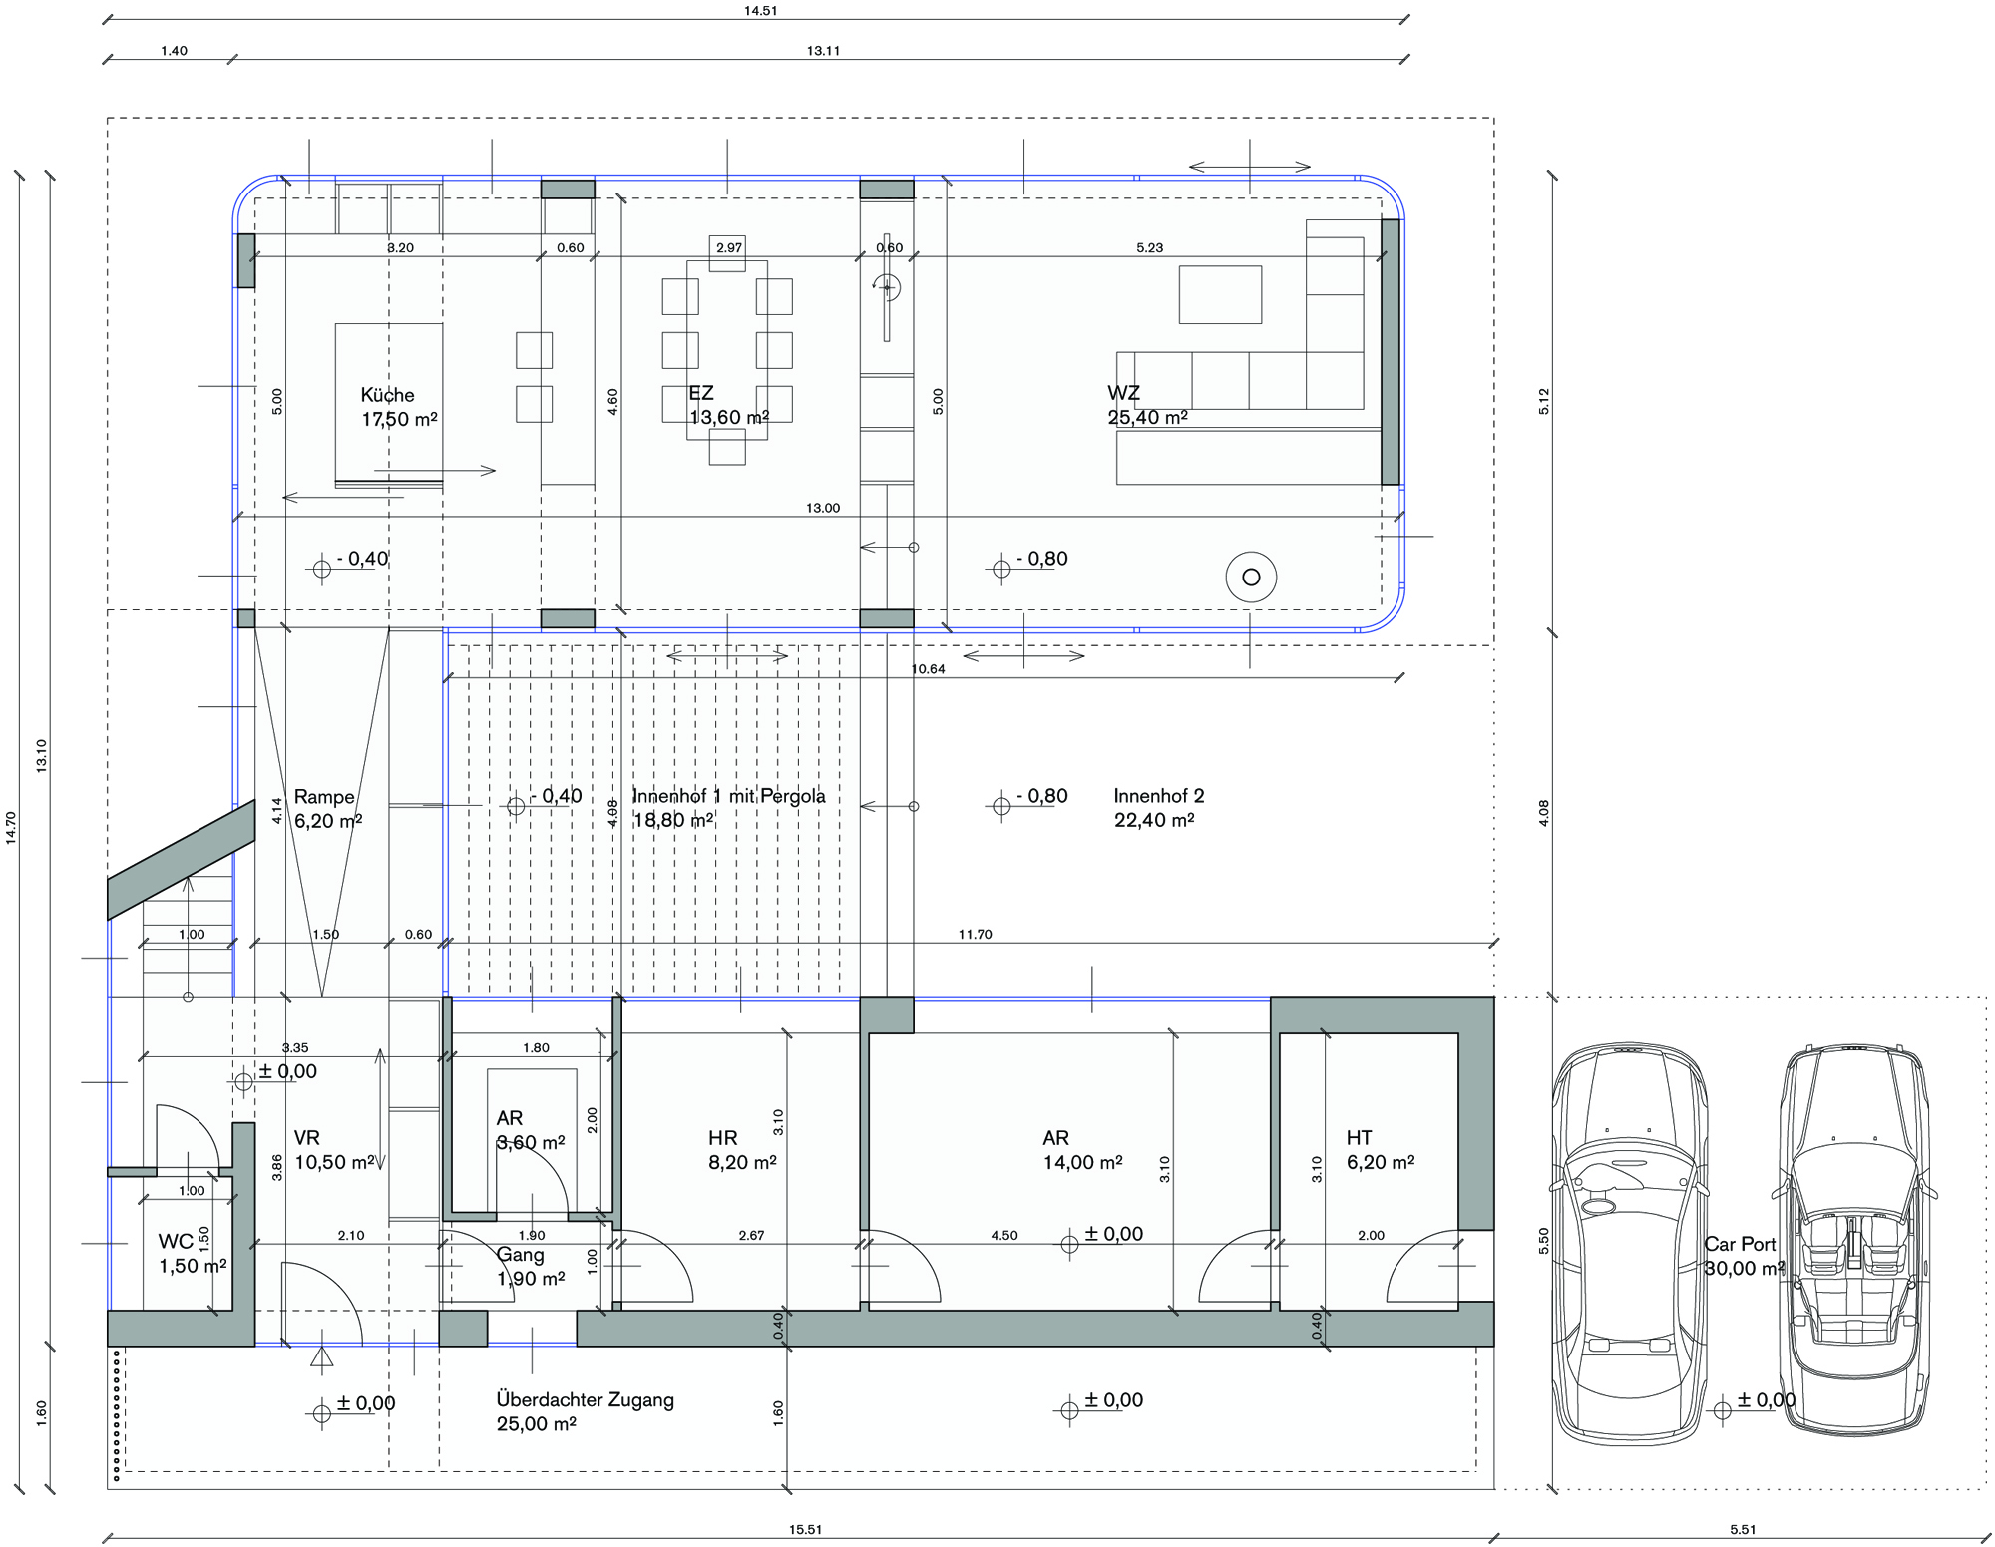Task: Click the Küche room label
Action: [x=399, y=407]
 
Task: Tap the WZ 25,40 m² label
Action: [x=1147, y=405]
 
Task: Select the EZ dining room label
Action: [x=729, y=405]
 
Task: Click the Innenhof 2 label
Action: [x=1159, y=808]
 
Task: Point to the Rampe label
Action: [x=328, y=809]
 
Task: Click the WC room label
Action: [x=193, y=1254]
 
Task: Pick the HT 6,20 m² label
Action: [x=1381, y=1150]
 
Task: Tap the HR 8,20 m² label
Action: [x=742, y=1150]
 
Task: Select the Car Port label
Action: [x=1744, y=1256]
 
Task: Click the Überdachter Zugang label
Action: [x=586, y=1411]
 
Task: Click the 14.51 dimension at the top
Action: [x=760, y=11]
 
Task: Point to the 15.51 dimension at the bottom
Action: [x=805, y=1529]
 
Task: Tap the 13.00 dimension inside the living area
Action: [x=823, y=508]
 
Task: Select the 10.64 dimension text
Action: [x=928, y=669]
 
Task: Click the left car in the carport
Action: [x=1629, y=1244]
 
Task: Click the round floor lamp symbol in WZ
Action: [x=1251, y=577]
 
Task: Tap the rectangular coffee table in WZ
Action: [x=1220, y=294]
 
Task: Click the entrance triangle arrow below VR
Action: [x=321, y=1356]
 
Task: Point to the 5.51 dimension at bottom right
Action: [x=1743, y=1529]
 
